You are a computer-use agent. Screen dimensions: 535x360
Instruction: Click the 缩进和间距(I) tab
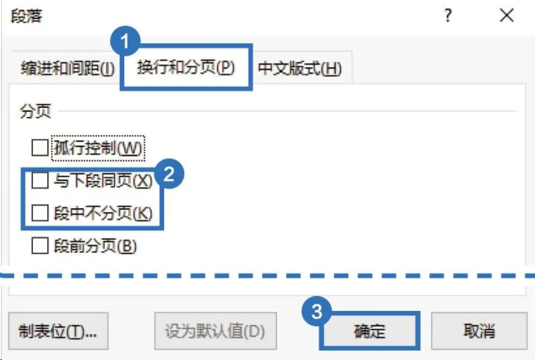(68, 69)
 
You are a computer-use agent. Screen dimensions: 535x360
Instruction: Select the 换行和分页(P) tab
(185, 68)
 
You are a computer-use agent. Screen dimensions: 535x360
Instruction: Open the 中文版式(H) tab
(300, 69)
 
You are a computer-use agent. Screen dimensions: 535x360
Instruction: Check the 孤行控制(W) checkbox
(40, 148)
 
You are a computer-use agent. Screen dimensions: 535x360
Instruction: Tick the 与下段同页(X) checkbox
(40, 181)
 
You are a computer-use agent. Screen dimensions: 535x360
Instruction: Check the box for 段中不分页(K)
(40, 213)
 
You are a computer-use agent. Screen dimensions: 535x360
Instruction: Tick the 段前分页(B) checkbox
(40, 246)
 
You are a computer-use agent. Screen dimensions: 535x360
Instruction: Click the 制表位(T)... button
(58, 332)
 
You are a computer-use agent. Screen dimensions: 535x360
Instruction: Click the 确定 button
(370, 332)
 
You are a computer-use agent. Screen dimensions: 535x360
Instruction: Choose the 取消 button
(479, 332)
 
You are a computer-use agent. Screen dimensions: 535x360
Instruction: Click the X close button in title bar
(507, 16)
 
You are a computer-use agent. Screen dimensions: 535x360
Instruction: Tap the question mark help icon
(448, 16)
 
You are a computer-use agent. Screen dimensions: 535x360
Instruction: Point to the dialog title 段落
(26, 16)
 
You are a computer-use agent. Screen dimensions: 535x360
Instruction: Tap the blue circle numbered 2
(169, 173)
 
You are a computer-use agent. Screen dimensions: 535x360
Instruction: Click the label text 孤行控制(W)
(98, 148)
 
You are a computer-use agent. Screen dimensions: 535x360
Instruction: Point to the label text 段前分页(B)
(96, 246)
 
